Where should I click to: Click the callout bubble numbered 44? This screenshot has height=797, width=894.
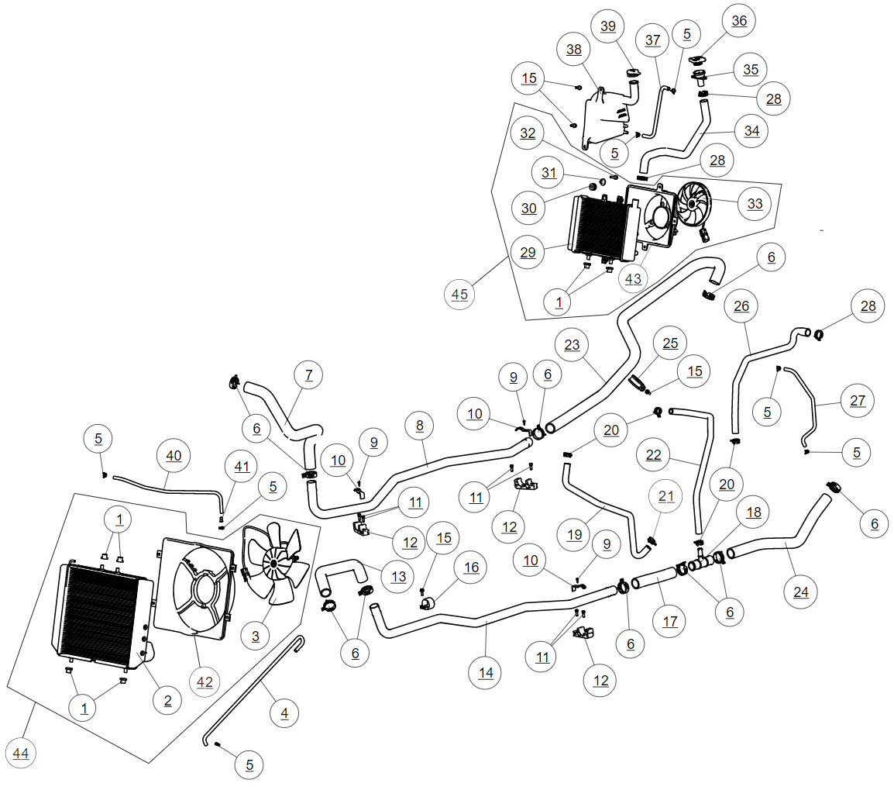(x=23, y=752)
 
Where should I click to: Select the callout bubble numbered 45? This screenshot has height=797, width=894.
(x=460, y=294)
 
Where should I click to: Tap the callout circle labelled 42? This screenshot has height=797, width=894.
(x=205, y=681)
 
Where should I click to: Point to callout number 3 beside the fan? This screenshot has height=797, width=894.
(x=256, y=637)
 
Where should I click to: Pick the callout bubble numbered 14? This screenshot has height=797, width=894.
(x=486, y=673)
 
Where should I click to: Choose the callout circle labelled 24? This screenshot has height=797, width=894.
(x=801, y=592)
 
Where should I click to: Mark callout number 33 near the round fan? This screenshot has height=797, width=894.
(x=755, y=204)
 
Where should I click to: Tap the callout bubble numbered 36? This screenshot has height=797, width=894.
(x=740, y=21)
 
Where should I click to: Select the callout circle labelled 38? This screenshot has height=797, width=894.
(x=574, y=50)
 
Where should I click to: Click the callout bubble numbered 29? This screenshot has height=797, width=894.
(x=528, y=253)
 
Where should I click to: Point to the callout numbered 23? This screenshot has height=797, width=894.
(x=573, y=346)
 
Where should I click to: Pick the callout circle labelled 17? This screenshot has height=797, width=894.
(x=670, y=621)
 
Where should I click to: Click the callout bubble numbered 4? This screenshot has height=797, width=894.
(x=284, y=712)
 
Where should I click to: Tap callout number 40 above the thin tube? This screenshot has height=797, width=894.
(x=174, y=456)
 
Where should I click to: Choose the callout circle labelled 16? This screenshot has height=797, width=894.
(x=471, y=568)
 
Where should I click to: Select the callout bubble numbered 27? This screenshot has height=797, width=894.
(x=857, y=401)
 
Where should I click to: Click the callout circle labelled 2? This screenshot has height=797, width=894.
(x=167, y=700)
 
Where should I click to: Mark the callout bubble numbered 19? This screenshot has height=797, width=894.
(x=574, y=534)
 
